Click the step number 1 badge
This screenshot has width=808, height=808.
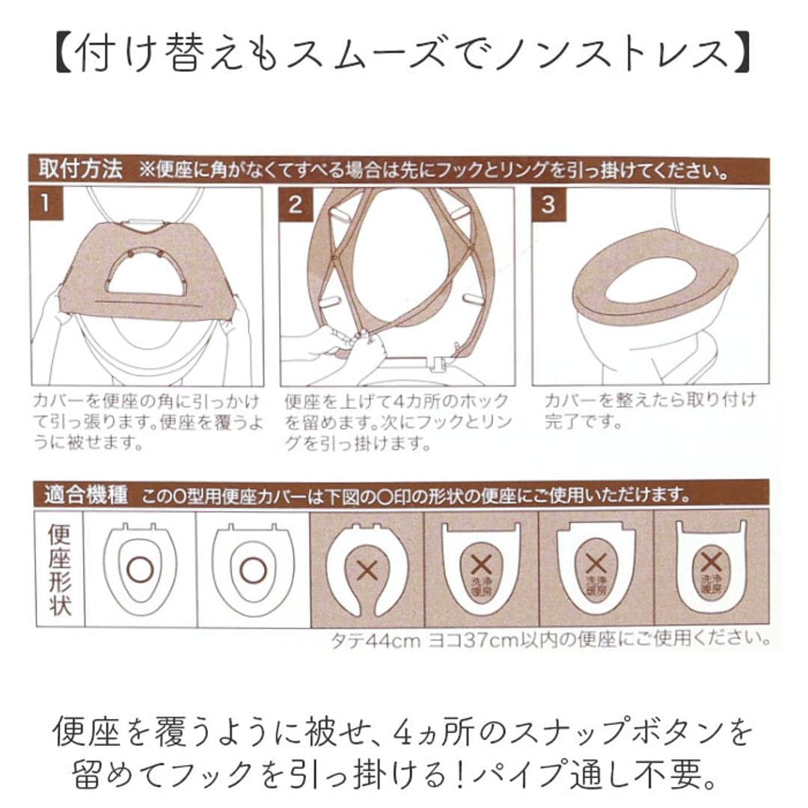[x=46, y=204]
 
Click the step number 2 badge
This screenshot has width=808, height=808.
[x=296, y=204]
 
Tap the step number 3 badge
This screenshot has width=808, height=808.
[x=548, y=204]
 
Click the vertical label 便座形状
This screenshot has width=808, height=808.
[x=59, y=569]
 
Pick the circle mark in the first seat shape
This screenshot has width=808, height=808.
[x=140, y=570]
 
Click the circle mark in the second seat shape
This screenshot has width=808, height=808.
[x=253, y=570]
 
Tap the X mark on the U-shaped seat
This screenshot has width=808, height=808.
[x=367, y=570]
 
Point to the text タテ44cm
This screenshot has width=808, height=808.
[x=376, y=641]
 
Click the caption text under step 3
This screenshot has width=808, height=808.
[x=649, y=410]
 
